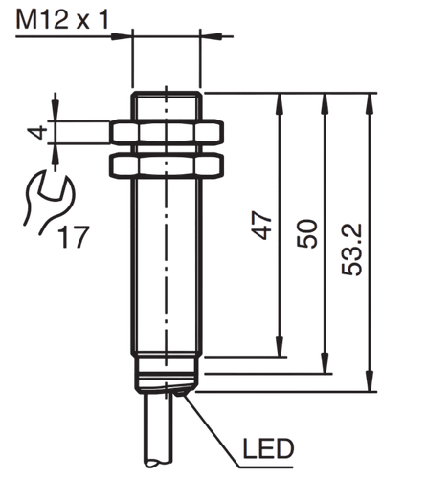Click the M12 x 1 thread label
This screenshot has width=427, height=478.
(62, 20)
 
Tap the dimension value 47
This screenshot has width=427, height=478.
(261, 225)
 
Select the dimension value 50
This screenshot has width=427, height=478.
(307, 233)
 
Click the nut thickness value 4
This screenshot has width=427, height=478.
(37, 133)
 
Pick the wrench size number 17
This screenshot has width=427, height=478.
(74, 237)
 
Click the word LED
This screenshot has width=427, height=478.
(268, 448)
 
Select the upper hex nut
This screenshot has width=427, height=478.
(167, 131)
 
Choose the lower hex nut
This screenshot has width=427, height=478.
(167, 165)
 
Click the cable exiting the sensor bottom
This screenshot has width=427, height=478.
(158, 430)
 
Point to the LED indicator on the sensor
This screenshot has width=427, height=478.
(181, 394)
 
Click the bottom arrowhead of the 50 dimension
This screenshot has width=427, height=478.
(325, 362)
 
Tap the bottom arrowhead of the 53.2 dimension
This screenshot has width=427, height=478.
(370, 380)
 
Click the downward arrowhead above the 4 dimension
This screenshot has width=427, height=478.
(56, 110)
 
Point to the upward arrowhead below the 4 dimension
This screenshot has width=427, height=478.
(56, 155)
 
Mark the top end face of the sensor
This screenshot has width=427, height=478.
(167, 93)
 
